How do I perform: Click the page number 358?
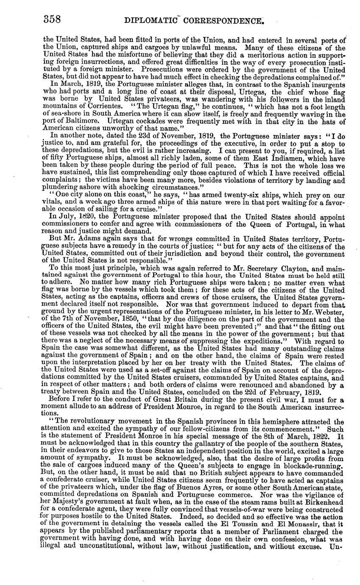click(x=53, y=19)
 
